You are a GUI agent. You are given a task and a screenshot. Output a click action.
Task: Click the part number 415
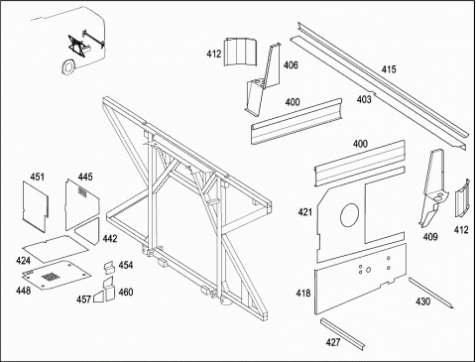coord(389,69)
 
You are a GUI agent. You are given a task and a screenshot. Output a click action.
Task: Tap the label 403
coord(364,99)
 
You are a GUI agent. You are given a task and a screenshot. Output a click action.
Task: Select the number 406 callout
coord(291,65)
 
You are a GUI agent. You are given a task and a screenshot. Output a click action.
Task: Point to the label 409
coord(430,237)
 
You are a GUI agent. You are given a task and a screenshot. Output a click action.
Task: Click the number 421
coord(304,212)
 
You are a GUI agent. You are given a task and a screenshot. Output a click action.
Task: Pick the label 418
coord(303,293)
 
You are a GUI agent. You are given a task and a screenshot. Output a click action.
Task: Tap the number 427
coord(333,342)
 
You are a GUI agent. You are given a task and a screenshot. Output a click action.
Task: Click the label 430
coord(423,302)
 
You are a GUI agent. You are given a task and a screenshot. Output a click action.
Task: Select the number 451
coord(37,177)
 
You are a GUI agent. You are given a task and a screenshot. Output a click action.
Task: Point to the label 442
coord(110,238)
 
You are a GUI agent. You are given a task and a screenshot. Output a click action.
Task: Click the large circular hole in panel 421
coord(349,215)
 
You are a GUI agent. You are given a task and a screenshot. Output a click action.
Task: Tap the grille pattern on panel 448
coord(50,277)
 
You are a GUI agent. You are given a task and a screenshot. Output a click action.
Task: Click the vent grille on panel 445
coord(82,191)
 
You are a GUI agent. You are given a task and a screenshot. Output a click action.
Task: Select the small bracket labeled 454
coord(109,268)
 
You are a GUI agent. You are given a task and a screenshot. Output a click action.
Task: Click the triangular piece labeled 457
coord(98,297)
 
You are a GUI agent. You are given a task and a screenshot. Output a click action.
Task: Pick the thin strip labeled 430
coord(430,293)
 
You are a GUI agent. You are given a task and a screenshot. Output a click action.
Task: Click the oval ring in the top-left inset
coord(68,66)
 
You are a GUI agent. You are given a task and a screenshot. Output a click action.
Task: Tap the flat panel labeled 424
coord(56,248)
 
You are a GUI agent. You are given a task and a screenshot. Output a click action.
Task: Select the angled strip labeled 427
coord(343,333)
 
